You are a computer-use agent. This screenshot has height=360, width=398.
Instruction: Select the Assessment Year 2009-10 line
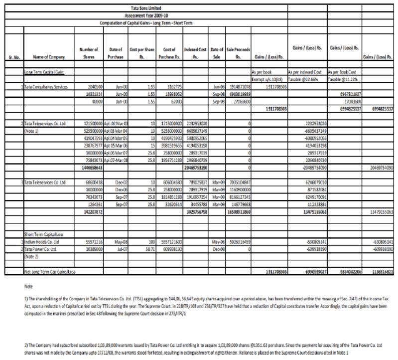coord(141,15)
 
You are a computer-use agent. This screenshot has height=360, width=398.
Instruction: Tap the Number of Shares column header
coord(88,52)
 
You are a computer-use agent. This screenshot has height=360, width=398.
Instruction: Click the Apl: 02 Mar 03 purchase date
coord(114,121)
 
